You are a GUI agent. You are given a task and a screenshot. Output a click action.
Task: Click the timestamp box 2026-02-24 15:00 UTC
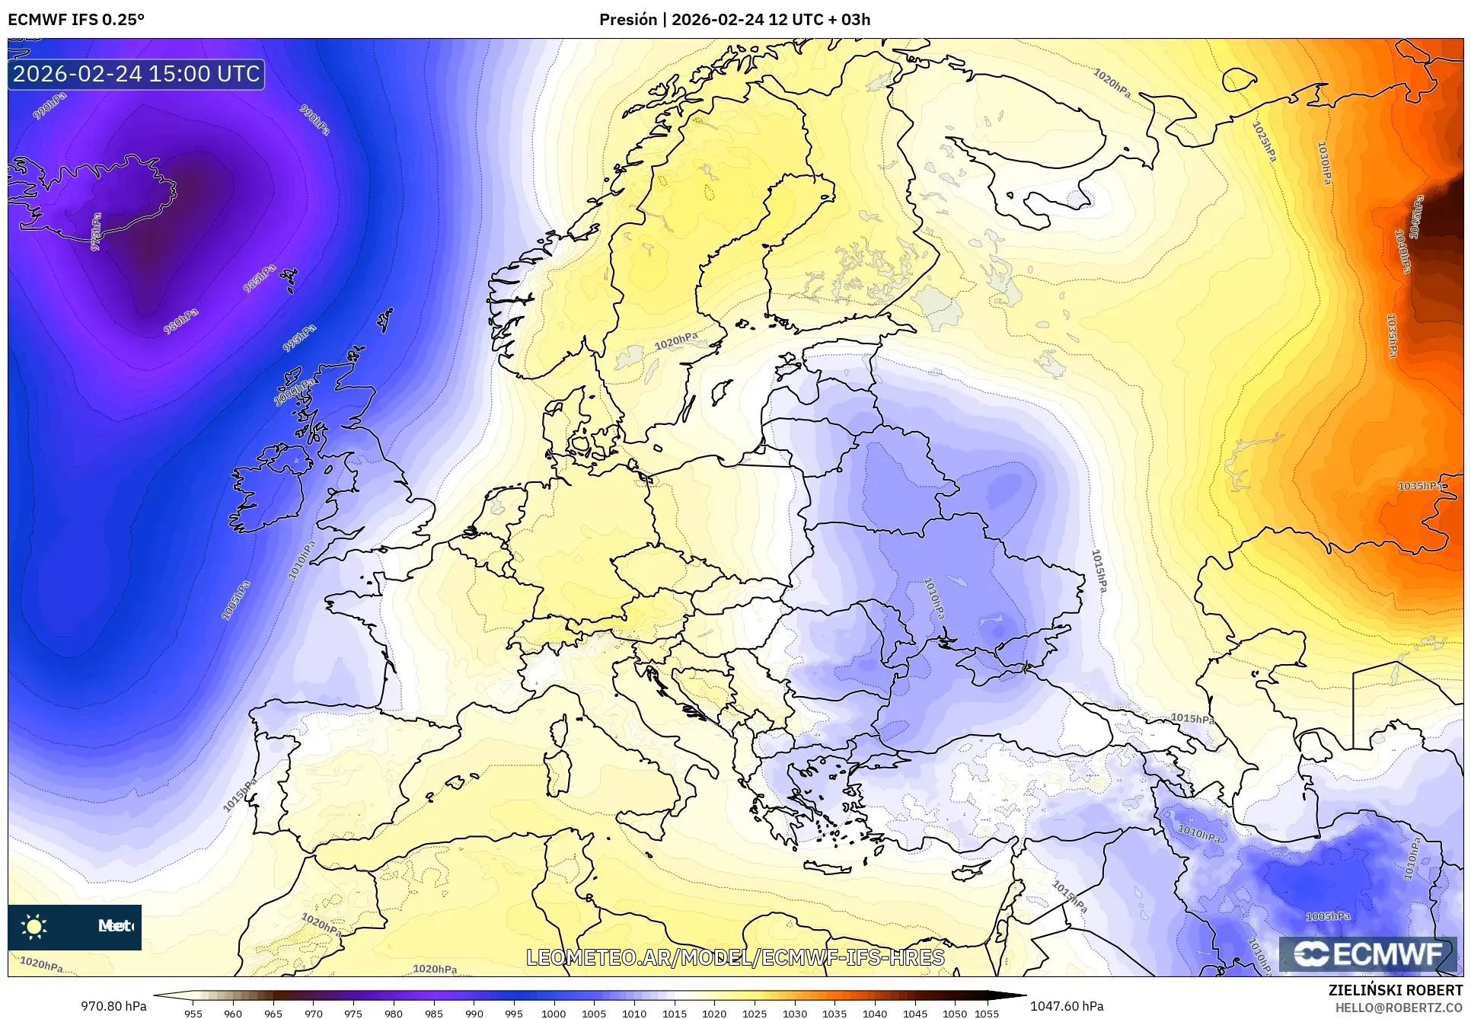[x=136, y=74]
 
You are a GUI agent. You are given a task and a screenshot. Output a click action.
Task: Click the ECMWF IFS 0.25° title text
[x=76, y=20]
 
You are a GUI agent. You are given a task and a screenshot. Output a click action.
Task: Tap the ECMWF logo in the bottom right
[x=1367, y=954]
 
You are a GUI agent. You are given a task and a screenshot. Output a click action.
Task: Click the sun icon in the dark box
[x=34, y=926]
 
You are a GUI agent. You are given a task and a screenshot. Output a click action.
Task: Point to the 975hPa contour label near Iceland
[x=96, y=232]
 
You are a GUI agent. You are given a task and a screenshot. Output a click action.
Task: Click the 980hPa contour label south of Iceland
[x=181, y=321]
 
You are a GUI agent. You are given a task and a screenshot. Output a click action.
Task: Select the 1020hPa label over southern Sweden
[x=675, y=340]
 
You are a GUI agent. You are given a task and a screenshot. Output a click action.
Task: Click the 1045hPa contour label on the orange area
[x=1415, y=217]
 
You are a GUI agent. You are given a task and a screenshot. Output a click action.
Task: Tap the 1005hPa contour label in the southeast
[x=1328, y=916]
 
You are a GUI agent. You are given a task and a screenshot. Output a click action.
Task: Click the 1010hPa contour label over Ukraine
[x=934, y=598]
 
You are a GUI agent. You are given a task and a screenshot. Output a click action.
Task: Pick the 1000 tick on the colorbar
[x=554, y=1014]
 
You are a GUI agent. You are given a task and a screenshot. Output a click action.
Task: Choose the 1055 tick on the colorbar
[x=987, y=1014]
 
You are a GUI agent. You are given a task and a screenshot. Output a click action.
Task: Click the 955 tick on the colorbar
[x=193, y=1014]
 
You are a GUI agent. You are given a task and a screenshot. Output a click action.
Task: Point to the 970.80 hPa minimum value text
[x=113, y=1006]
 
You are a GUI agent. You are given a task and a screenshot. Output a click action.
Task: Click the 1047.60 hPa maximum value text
[x=1066, y=1006]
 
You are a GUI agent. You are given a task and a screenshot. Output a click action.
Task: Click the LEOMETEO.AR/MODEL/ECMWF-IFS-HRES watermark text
[x=735, y=957]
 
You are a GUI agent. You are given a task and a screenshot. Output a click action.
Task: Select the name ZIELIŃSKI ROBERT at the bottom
[x=1395, y=991]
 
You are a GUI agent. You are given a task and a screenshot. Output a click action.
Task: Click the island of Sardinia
[x=560, y=771]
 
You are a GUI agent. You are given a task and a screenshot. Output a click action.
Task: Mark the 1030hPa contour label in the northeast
[x=1325, y=163]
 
